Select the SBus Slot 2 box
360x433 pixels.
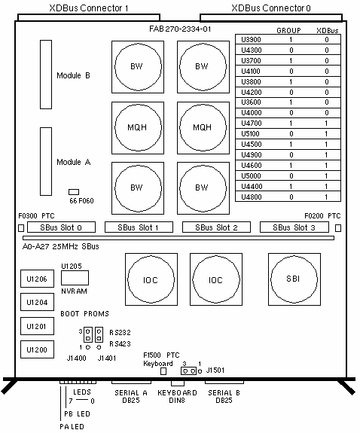coord(216,227)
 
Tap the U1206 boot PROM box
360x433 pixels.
coord(37,279)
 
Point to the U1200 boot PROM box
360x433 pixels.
coord(37,349)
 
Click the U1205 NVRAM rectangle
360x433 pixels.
coord(75,278)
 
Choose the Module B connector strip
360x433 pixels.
coord(46,75)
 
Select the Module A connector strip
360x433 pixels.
coord(46,162)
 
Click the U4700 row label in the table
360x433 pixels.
coord(251,123)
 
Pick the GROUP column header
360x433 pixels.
coord(288,30)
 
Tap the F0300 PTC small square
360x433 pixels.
coord(21,228)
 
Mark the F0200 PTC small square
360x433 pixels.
coord(338,228)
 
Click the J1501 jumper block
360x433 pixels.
coord(189,370)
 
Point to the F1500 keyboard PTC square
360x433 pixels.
coord(163,371)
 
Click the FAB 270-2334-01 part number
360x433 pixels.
coord(180,29)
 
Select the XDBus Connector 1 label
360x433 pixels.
coord(89,8)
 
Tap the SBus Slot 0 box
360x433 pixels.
coord(61,227)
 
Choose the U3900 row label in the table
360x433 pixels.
coord(251,39)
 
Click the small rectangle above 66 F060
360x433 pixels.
coord(74,192)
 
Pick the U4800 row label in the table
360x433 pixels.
coord(251,197)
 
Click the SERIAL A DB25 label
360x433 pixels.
coord(131,397)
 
